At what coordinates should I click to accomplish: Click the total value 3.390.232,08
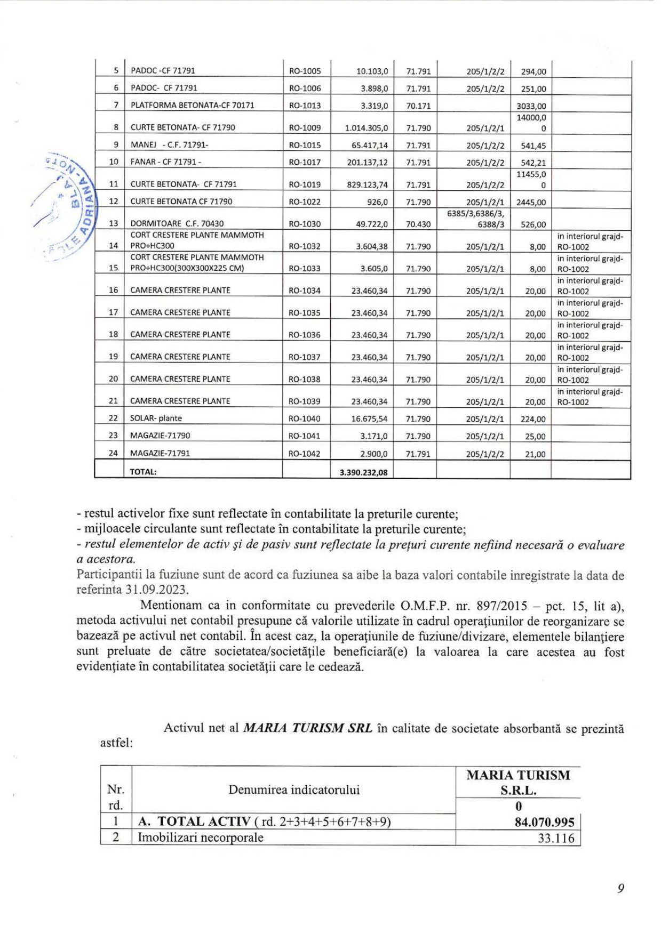click(363, 472)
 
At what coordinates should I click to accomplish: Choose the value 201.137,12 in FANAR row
click(367, 163)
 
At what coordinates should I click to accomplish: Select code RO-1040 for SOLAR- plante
click(305, 419)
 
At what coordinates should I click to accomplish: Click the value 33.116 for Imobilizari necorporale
click(556, 838)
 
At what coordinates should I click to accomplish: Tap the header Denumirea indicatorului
click(294, 790)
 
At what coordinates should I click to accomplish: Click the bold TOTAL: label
click(143, 472)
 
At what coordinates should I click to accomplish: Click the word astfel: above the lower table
click(116, 743)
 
